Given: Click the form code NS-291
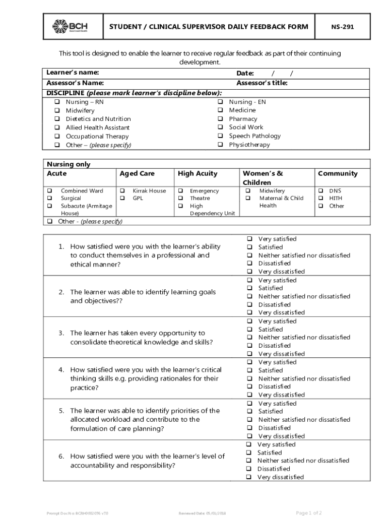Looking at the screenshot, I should pyautogui.click(x=342, y=27).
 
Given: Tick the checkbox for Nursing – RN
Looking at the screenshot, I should pyautogui.click(x=57, y=102).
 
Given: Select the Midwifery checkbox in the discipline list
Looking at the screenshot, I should pyautogui.click(x=57, y=110).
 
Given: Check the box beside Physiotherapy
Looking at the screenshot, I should pyautogui.click(x=220, y=145).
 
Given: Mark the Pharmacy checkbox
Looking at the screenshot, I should pyautogui.click(x=220, y=119).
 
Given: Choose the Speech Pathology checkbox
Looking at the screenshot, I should pyautogui.click(x=220, y=136).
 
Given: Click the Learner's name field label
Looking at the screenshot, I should pyautogui.click(x=73, y=73).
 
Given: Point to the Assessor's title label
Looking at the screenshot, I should pyautogui.click(x=262, y=83).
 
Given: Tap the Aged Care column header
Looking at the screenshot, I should pyautogui.click(x=137, y=173).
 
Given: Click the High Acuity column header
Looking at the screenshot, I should pyautogui.click(x=198, y=173).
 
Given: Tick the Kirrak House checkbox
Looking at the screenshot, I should pyautogui.click(x=122, y=191).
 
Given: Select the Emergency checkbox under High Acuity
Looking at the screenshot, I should pyautogui.click(x=180, y=191).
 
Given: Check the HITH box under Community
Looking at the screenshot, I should pyautogui.click(x=320, y=199).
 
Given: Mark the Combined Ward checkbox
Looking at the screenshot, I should pyautogui.click(x=50, y=191).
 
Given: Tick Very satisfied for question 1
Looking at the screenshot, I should pyautogui.click(x=249, y=239).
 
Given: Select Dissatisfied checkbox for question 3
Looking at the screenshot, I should pyautogui.click(x=249, y=346).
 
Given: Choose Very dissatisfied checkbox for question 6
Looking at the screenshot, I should pyautogui.click(x=248, y=477).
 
